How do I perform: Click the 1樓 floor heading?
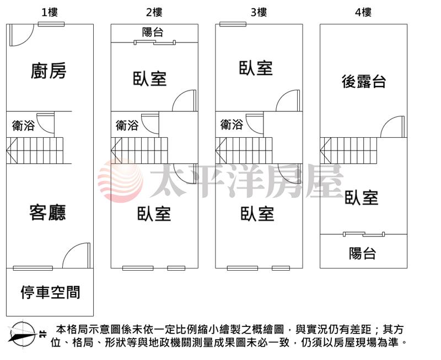[50, 12]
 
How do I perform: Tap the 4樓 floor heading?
[363, 12]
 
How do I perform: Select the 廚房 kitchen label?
[49, 71]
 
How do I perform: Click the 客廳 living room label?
[47, 212]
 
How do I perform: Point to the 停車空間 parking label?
[50, 292]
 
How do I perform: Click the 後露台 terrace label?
[364, 82]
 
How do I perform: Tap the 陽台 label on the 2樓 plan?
[153, 32]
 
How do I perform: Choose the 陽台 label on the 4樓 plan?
[362, 253]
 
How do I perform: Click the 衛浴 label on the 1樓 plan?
[23, 126]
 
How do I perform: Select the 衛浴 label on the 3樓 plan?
[232, 125]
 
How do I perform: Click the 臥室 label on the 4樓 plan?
[362, 197]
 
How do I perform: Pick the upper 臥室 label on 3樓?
[256, 68]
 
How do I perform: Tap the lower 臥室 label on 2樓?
[154, 213]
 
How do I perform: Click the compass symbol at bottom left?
[23, 335]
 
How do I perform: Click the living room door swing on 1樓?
[77, 255]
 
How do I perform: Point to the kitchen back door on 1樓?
[21, 35]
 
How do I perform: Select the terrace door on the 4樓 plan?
[392, 127]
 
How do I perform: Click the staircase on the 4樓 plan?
[348, 151]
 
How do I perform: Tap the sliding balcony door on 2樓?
[155, 42]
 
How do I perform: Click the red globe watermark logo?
[120, 181]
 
